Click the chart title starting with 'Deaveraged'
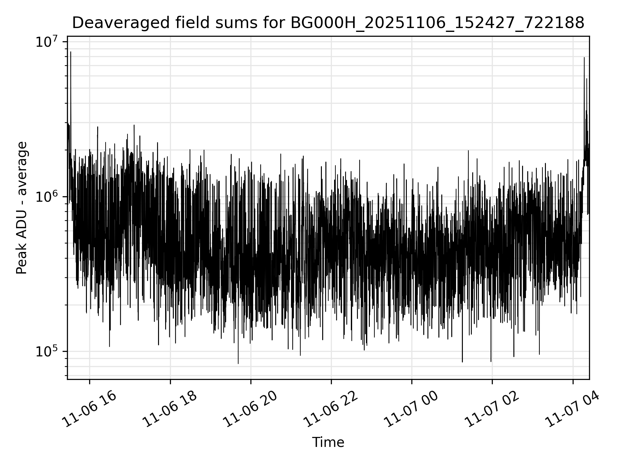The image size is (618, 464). tap(328, 23)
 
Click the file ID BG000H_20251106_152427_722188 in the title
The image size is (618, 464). tap(437, 23)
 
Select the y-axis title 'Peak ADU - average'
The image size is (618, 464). tap(22, 208)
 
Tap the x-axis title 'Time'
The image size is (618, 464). tap(328, 443)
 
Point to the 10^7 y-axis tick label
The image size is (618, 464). tap(46, 42)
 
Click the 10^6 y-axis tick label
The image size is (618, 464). tap(46, 197)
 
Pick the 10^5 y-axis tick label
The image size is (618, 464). tap(46, 352)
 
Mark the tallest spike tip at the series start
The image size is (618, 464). tap(70, 52)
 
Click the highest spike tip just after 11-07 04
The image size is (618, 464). tap(584, 58)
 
